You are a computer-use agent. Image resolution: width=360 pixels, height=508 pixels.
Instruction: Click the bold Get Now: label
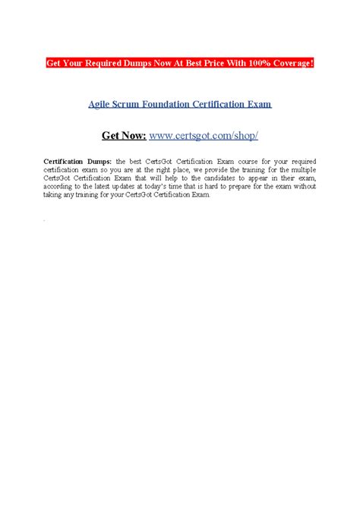pos(124,135)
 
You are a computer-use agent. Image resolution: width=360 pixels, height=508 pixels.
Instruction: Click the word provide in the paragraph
pos(218,171)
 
